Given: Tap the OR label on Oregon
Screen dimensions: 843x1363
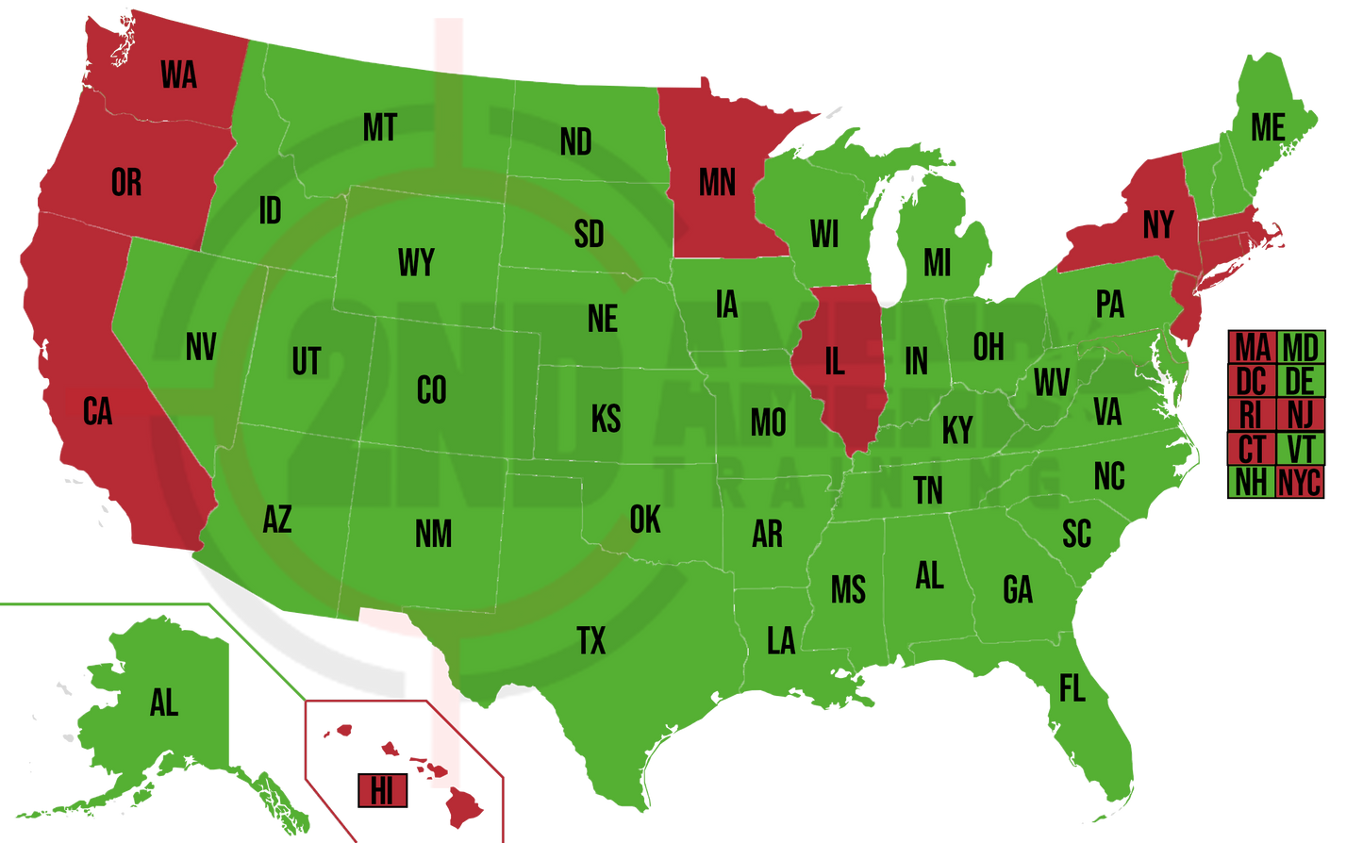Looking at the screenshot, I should pyautogui.click(x=126, y=182).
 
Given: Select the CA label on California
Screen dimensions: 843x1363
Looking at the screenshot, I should pyautogui.click(x=97, y=412).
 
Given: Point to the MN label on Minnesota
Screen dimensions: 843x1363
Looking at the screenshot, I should pyautogui.click(x=717, y=182).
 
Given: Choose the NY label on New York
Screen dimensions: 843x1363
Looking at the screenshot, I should pyautogui.click(x=1158, y=225).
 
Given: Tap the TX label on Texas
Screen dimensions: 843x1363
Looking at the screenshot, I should pyautogui.click(x=590, y=641).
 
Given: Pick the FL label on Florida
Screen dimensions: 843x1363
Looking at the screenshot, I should pyautogui.click(x=1072, y=689).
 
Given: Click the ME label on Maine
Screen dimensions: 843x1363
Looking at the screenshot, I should pyautogui.click(x=1268, y=127).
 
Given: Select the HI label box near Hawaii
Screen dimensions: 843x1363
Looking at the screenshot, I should pyautogui.click(x=382, y=791).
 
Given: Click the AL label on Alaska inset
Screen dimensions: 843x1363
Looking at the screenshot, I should pyautogui.click(x=164, y=702).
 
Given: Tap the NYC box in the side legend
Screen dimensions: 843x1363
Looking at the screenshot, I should pyautogui.click(x=1299, y=483).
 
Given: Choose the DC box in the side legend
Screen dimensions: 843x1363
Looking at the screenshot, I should pyautogui.click(x=1252, y=381).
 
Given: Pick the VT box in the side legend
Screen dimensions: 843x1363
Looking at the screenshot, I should pyautogui.click(x=1300, y=449).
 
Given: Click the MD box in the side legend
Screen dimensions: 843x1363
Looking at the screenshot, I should pyautogui.click(x=1300, y=347).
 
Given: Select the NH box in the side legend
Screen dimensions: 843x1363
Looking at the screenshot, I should pyautogui.click(x=1252, y=483).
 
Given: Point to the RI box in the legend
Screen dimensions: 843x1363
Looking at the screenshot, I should pyautogui.click(x=1252, y=415).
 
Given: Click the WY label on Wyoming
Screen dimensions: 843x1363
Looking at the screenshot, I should pyautogui.click(x=416, y=263).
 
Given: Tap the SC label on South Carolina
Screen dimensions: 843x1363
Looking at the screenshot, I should pyautogui.click(x=1076, y=534).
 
